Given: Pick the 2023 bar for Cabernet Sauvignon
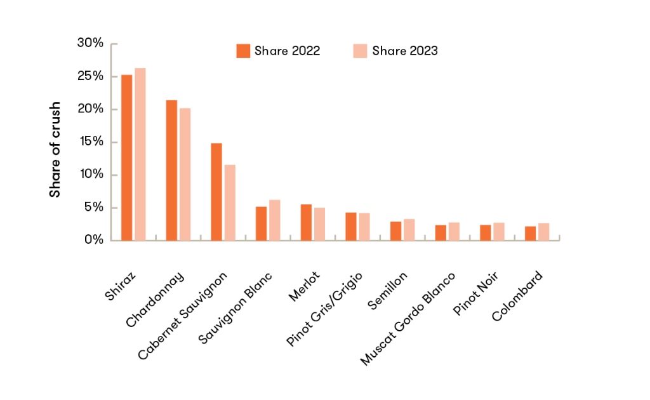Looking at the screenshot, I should [230, 203].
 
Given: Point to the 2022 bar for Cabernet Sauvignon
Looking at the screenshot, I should [216, 192].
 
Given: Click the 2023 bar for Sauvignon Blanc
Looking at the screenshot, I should [274, 220].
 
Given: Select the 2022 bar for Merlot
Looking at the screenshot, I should [306, 222].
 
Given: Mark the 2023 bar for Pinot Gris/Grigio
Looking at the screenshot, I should [364, 227].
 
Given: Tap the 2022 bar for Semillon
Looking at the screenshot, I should [395, 231].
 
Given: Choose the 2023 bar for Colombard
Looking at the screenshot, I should [543, 232].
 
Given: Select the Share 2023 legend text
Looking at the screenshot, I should [405, 51].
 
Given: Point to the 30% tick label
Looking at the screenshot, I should [90, 43].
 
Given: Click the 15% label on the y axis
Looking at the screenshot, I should [90, 142].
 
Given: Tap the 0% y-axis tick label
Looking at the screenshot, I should [93, 240].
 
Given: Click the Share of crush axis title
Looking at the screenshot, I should [56, 149].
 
